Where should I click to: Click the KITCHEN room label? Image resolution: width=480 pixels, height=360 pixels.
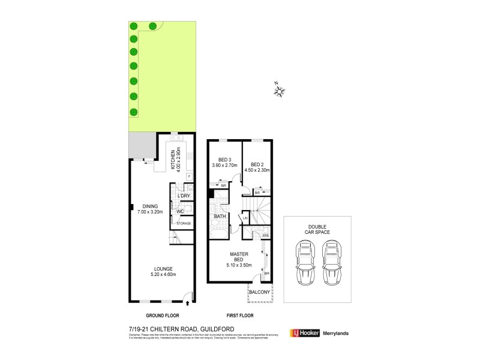coord(172,159)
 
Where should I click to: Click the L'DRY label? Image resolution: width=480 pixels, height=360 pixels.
coord(184,196)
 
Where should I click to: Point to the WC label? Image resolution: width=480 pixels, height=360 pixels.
coord(180,211)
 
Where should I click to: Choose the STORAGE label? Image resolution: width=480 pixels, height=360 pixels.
coord(184,224)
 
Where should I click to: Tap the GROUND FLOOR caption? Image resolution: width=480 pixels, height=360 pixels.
coord(163,315)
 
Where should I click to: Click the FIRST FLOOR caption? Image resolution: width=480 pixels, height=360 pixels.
coord(239,315)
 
